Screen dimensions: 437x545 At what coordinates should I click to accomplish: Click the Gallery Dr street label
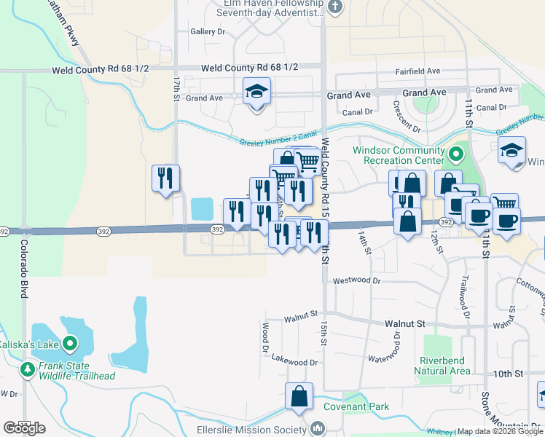[208, 32]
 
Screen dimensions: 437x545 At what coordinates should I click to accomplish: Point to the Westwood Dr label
[356, 280]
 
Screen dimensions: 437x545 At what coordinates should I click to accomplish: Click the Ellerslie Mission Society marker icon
[318, 429]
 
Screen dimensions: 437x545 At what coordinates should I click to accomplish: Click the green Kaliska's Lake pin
[71, 343]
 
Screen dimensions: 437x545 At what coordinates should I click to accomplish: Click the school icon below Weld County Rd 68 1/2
[256, 92]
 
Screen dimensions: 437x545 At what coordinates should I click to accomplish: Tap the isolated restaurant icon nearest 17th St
[165, 178]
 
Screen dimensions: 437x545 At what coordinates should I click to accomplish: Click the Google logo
[24, 428]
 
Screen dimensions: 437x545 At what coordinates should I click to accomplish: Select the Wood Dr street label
[266, 335]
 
